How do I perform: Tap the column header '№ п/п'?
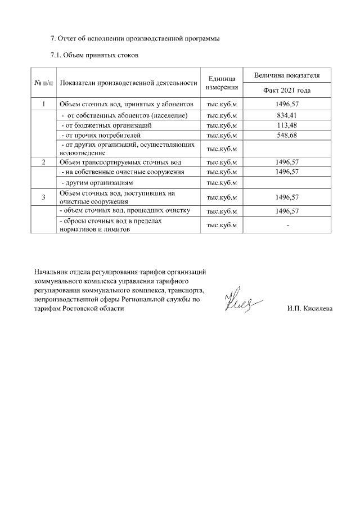tap(44, 83)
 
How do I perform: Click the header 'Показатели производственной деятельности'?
tap(128, 83)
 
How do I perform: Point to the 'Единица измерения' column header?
tap(222, 83)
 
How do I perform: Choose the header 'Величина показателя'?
tap(287, 75)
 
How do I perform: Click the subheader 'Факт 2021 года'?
tap(287, 91)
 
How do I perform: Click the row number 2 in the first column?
tap(44, 162)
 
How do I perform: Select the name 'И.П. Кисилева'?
tap(309, 309)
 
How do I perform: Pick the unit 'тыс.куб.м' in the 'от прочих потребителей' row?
tap(222, 135)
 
